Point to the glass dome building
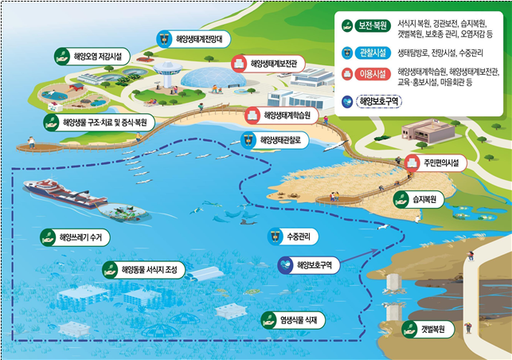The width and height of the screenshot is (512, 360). click(x=209, y=79)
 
